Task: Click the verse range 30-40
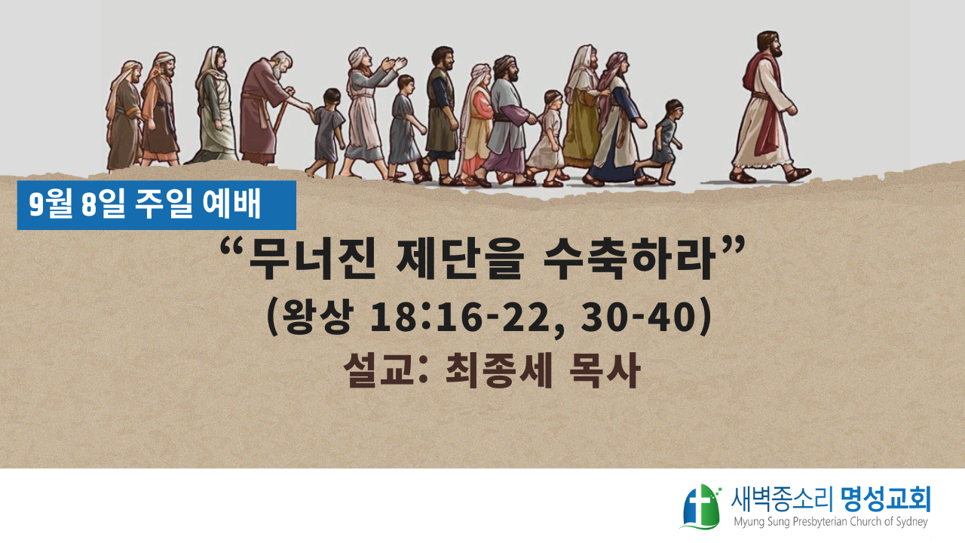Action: point(639,318)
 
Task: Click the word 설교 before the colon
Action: point(380,370)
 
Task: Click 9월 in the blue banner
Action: point(51,204)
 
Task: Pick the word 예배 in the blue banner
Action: point(231,204)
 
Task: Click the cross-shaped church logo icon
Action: point(700,507)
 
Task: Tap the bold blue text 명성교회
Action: point(886,500)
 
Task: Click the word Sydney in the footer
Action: point(910,523)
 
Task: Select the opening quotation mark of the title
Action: point(231,248)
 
